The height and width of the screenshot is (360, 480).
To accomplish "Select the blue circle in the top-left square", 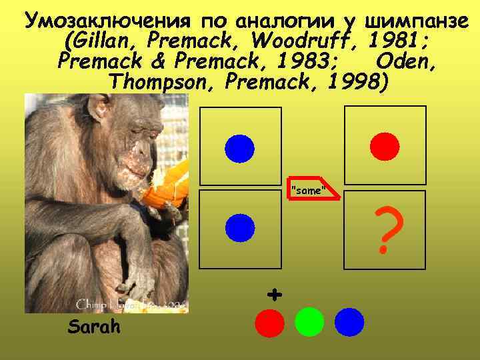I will pos(239,147).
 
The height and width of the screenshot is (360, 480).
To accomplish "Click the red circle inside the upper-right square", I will pos(385,146).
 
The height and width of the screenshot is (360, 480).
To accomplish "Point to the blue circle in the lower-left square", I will pos(239,228).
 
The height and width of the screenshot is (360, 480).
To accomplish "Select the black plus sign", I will pos(273,293).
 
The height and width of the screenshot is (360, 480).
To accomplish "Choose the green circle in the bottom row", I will pos(309,322).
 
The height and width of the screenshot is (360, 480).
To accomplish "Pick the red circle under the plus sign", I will pos(269,323).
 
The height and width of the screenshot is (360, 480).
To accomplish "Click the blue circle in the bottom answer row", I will pos(349,322).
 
